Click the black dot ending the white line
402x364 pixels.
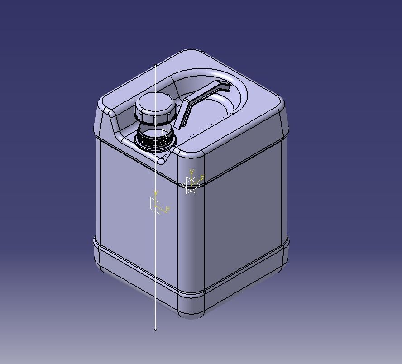155,330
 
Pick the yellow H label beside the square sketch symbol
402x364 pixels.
167,209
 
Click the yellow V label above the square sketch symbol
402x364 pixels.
156,193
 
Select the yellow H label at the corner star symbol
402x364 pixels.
202,177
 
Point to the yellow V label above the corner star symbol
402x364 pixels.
192,172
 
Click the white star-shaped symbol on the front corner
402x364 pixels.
191,185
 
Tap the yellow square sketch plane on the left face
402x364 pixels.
155,204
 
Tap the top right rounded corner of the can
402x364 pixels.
281,105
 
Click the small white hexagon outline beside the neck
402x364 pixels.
167,137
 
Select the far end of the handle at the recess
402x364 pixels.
224,85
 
